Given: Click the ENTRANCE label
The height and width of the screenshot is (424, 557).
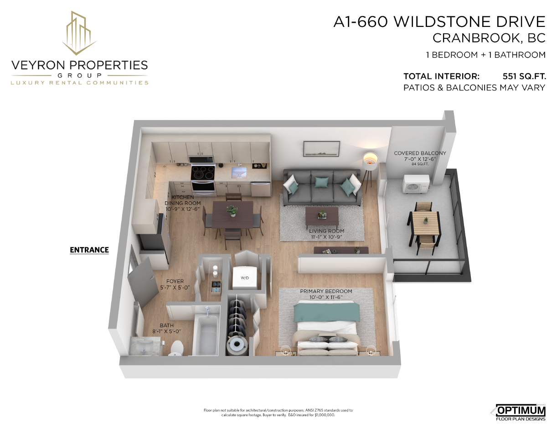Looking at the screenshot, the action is [x=89, y=250].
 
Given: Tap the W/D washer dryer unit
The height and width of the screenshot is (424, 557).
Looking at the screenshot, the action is [x=245, y=277].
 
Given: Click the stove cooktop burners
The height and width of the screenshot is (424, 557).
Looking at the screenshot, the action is [x=203, y=172].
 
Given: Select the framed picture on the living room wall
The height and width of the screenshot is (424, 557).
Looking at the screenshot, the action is [x=321, y=149].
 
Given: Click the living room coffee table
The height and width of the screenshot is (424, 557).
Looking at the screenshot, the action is [x=322, y=216].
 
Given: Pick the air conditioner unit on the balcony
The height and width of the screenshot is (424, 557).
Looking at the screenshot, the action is [x=415, y=183].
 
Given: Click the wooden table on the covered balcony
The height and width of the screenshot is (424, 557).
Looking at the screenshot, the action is [x=425, y=223].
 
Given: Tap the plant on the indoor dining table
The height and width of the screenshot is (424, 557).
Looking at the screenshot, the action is [x=232, y=211].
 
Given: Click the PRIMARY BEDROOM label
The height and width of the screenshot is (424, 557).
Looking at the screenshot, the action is [x=326, y=291].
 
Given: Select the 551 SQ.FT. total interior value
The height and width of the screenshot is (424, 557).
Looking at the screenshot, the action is [x=524, y=76].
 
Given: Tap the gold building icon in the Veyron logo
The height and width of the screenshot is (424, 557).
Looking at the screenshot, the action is [x=79, y=32].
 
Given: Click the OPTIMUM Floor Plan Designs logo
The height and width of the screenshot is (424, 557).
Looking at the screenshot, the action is [x=518, y=412].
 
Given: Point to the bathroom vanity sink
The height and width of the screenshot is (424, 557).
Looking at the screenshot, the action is [x=145, y=345].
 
